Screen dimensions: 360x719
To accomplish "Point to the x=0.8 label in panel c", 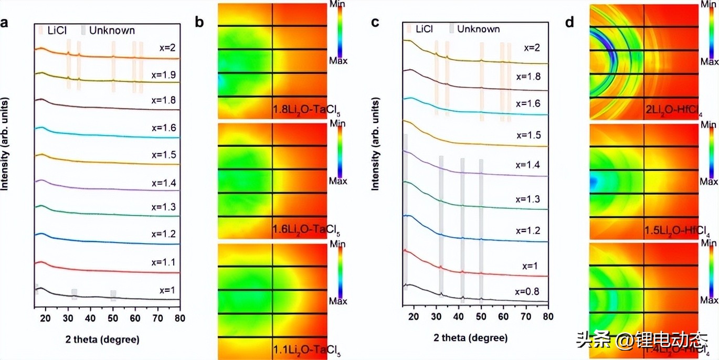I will [x=530, y=291].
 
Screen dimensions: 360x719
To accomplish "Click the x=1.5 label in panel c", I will [x=529, y=135].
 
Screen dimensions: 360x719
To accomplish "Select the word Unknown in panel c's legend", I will [x=478, y=29].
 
